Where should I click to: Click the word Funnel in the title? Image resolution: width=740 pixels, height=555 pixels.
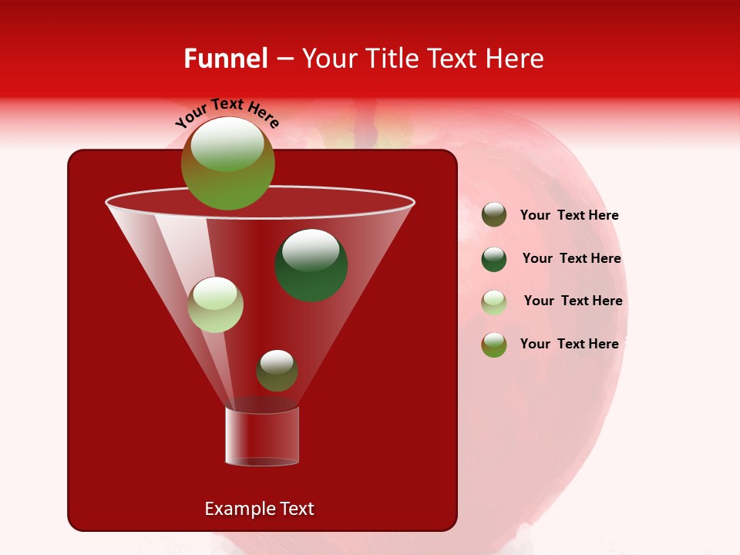(x=225, y=59)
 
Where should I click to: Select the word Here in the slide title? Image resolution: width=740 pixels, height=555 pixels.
(x=516, y=59)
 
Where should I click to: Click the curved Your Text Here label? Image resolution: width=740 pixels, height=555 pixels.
(x=227, y=113)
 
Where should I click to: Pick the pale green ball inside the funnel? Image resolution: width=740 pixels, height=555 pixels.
(x=215, y=304)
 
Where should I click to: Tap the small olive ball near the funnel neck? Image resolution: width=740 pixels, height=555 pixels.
(x=277, y=371)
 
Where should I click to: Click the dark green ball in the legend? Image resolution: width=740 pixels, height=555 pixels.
(x=494, y=259)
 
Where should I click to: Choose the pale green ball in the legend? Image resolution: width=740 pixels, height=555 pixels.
(x=494, y=301)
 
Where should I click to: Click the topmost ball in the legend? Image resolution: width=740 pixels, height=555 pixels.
(x=494, y=215)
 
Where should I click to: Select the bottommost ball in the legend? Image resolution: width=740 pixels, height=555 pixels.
(x=494, y=345)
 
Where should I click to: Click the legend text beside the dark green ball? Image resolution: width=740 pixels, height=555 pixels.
(x=571, y=258)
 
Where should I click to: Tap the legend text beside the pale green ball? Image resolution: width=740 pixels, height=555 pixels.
(x=573, y=301)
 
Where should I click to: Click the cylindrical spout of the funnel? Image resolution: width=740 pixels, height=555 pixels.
(x=261, y=436)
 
